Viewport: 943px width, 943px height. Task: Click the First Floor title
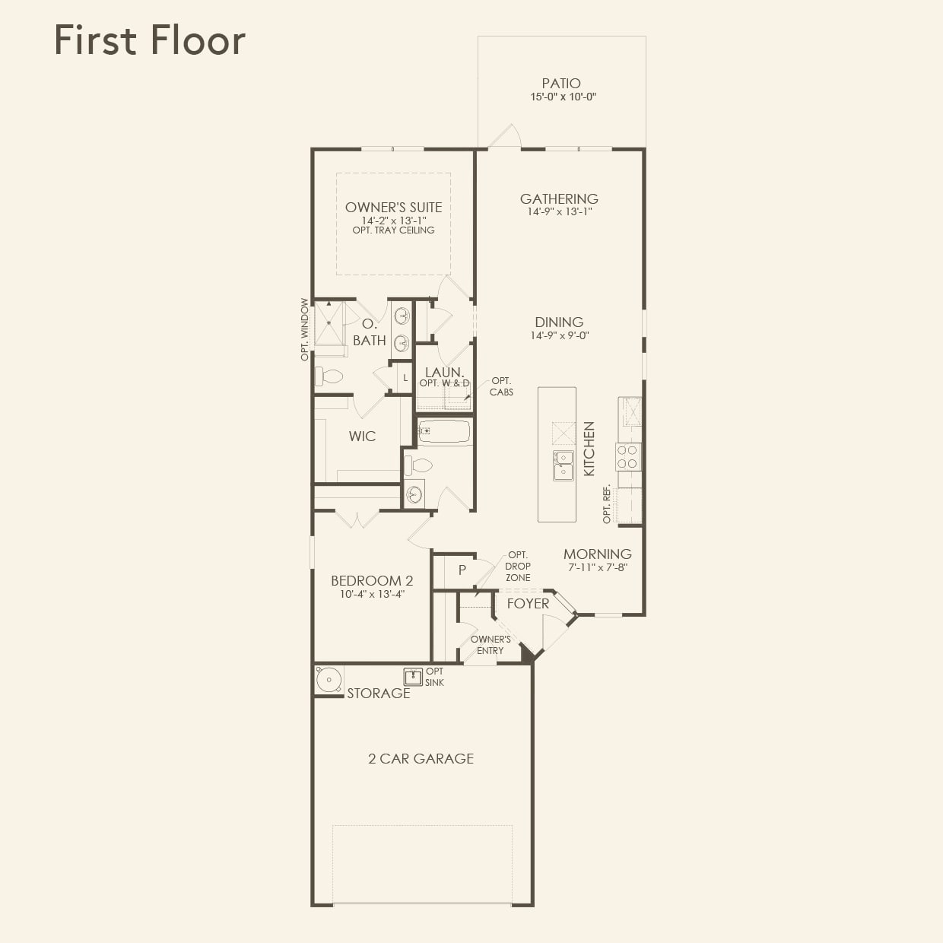coord(150,40)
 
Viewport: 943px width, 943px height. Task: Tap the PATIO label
coord(561,84)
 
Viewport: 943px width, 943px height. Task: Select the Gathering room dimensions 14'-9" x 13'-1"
coord(560,212)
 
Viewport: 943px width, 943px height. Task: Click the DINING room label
coord(559,322)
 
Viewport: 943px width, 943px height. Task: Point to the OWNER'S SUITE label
coord(393,207)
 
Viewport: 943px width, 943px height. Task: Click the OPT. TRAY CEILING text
coord(393,230)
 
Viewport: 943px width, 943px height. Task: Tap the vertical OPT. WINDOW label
coord(305,329)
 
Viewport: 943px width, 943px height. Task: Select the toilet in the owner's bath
coord(330,376)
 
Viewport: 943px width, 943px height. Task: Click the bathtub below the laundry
coord(444,432)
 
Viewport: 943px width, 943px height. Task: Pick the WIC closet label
coord(362,437)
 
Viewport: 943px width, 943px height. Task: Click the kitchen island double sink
coord(564,465)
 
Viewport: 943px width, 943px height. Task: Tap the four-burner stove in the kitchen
coord(628,456)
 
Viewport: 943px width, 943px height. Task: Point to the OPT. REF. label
coord(607,503)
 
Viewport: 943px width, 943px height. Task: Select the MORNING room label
coord(597,554)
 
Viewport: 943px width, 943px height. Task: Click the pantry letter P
coord(462,570)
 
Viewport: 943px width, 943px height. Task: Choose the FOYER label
coord(528,604)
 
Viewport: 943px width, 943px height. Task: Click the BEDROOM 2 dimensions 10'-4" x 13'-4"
coord(372,595)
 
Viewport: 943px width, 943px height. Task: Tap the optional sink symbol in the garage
coord(413,677)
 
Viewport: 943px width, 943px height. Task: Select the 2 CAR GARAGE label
coord(421,759)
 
